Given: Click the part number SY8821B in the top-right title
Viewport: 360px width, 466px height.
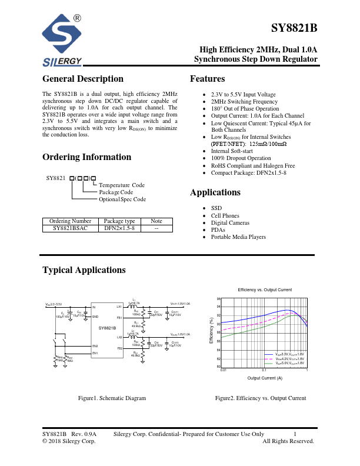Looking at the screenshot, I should click(294, 28).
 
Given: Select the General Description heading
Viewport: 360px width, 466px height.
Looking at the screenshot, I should click(83, 79).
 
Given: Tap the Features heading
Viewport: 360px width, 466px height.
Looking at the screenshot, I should click(207, 79).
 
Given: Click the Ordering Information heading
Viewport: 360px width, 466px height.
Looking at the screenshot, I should click(86, 157).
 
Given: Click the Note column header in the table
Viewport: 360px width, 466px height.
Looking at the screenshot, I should click(156, 221).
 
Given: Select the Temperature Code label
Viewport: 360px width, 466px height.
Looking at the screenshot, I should click(122, 185).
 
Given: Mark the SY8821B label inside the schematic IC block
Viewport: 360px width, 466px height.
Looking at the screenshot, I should click(107, 328).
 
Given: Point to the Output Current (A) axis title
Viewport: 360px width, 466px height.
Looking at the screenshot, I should click(265, 377).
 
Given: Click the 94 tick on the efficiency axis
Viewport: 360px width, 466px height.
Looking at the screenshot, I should click(219, 307).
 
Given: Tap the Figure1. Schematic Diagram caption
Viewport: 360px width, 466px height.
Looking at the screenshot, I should click(112, 398).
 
